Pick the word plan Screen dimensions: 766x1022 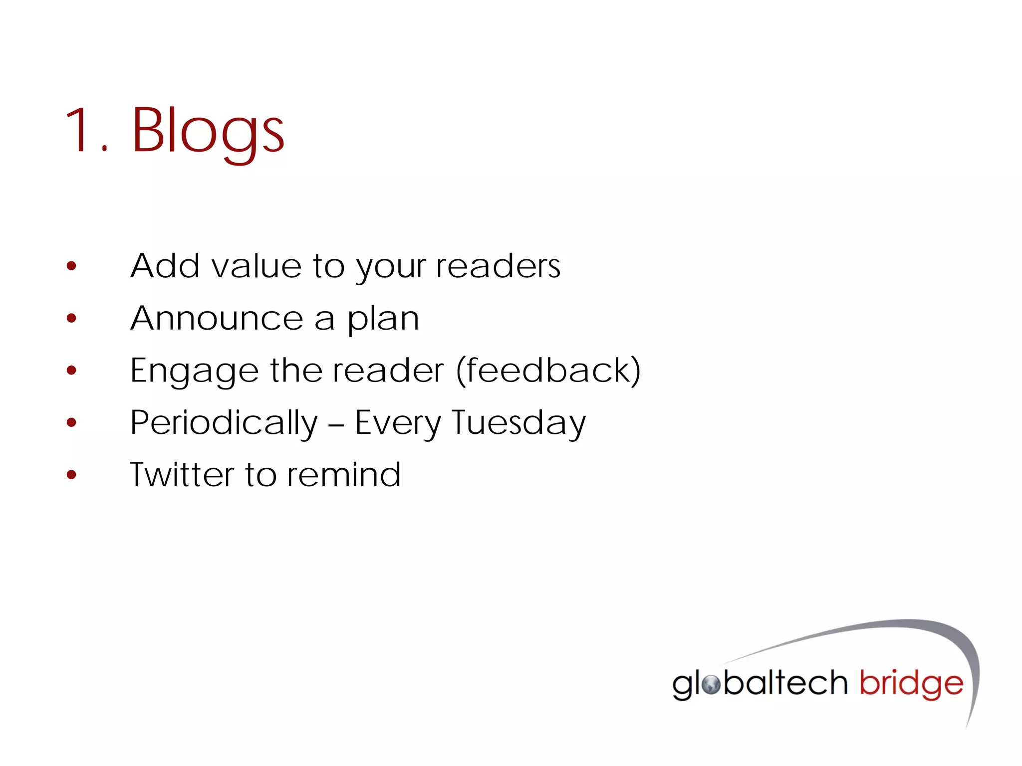point(383,319)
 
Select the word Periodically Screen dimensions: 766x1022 point(224,423)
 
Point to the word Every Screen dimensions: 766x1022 point(398,423)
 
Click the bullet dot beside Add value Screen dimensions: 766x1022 point(71,266)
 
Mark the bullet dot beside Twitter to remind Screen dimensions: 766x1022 point(71,474)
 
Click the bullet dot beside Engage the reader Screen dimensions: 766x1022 point(71,370)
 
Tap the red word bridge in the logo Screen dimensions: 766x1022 point(911,684)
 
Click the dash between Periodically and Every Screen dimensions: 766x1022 point(336,424)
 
